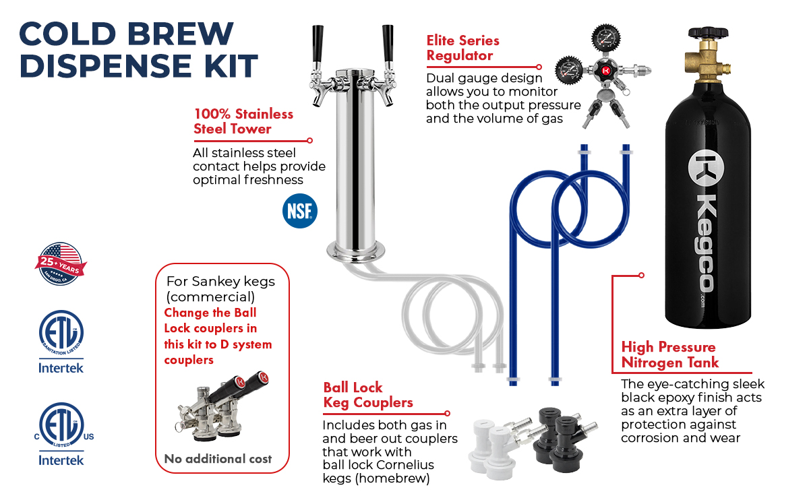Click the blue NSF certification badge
(300, 211)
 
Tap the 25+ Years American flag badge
(61, 264)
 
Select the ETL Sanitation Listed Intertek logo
(61, 342)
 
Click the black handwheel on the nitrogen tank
(709, 33)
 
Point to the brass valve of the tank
(707, 61)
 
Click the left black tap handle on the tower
(318, 43)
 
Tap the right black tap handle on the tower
(388, 43)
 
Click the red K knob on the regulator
(605, 71)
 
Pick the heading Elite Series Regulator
(462, 48)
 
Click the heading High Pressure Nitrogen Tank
(670, 354)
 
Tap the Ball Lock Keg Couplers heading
(368, 395)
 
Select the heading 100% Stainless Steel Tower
(243, 121)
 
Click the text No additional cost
(218, 459)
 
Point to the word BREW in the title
(180, 34)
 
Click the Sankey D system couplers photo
(222, 406)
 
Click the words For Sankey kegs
(220, 282)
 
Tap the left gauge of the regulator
(569, 70)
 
